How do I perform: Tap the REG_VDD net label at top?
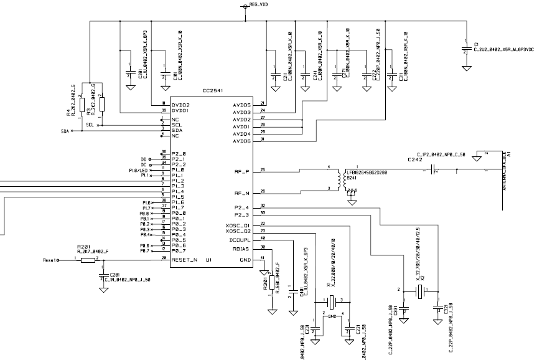259,4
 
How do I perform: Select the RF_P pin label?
241,170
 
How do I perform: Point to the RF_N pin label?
241,192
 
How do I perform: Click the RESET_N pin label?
185,258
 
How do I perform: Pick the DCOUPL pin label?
240,239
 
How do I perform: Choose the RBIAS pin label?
241,248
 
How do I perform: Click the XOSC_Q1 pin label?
238,224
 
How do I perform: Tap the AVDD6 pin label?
241,141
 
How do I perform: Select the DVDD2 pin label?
182,104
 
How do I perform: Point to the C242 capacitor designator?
415,160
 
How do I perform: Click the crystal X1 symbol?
332,301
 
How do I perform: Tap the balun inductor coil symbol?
340,179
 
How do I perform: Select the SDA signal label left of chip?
65,131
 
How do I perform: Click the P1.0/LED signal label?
139,169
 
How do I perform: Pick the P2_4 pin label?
241,207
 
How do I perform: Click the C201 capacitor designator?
114,275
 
